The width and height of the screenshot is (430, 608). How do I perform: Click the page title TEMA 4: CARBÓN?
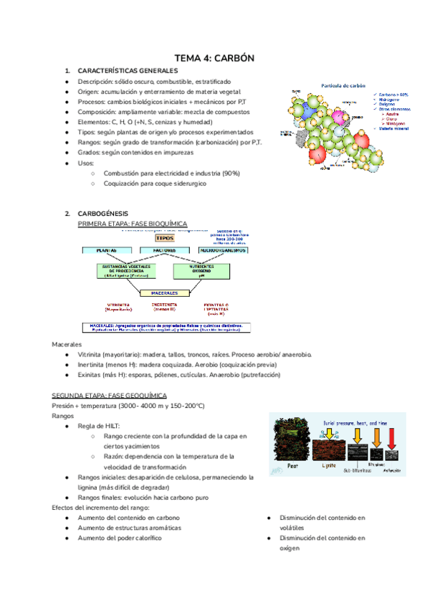click(215, 57)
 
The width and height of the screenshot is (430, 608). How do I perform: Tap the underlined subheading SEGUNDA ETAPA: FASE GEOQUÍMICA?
click(109, 396)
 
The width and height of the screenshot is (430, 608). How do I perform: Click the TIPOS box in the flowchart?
click(164, 237)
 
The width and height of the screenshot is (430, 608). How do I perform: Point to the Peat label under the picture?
click(290, 465)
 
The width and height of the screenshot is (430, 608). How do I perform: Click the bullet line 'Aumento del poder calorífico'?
click(119, 538)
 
